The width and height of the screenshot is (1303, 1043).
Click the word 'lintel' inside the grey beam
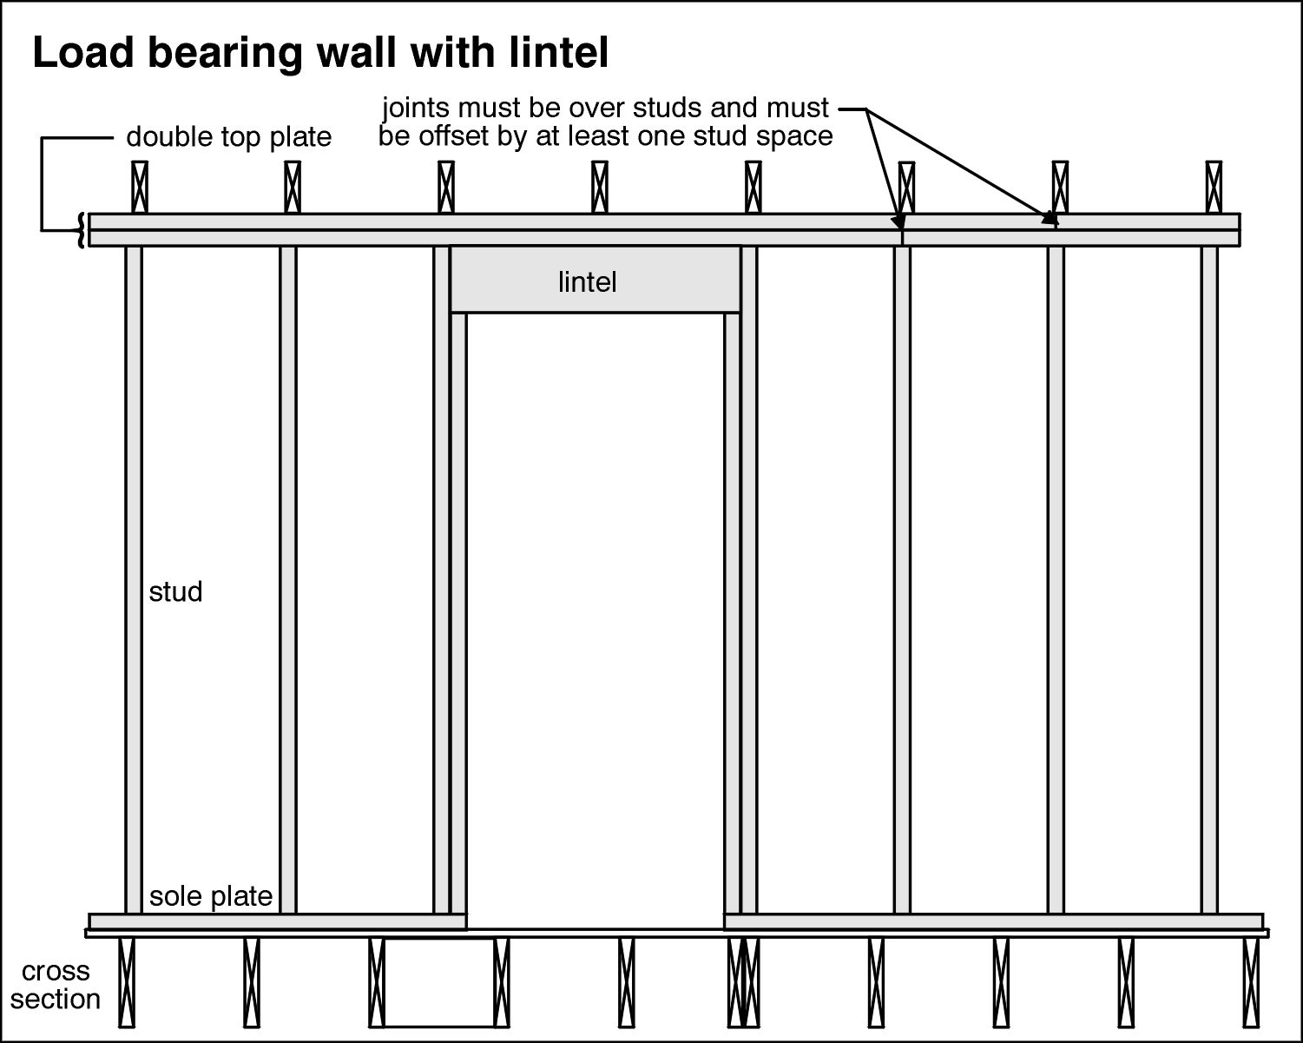pyautogui.click(x=587, y=282)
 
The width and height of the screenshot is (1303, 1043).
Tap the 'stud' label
pyautogui.click(x=175, y=592)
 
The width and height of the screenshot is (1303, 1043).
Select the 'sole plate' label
pyautogui.click(x=211, y=896)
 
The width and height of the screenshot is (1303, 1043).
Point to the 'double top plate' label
pyautogui.click(x=229, y=137)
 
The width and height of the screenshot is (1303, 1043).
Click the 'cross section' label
pyautogui.click(x=56, y=985)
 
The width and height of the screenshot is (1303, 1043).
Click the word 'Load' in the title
pyautogui.click(x=83, y=54)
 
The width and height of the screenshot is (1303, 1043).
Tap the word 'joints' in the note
pyautogui.click(x=420, y=109)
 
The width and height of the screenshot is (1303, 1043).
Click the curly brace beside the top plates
pyautogui.click(x=83, y=230)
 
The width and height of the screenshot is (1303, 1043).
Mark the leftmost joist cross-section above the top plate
pyautogui.click(x=140, y=187)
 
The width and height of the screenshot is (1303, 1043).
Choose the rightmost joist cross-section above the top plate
pyautogui.click(x=1214, y=187)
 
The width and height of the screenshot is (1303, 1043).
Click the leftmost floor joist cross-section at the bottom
pyautogui.click(x=127, y=981)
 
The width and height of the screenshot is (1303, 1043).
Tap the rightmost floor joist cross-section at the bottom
pyautogui.click(x=1251, y=981)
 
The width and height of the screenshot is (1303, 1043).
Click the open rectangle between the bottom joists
pyautogui.click(x=439, y=981)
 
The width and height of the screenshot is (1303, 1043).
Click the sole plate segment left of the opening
pyautogui.click(x=278, y=921)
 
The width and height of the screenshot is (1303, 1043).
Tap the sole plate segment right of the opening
pyautogui.click(x=993, y=921)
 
